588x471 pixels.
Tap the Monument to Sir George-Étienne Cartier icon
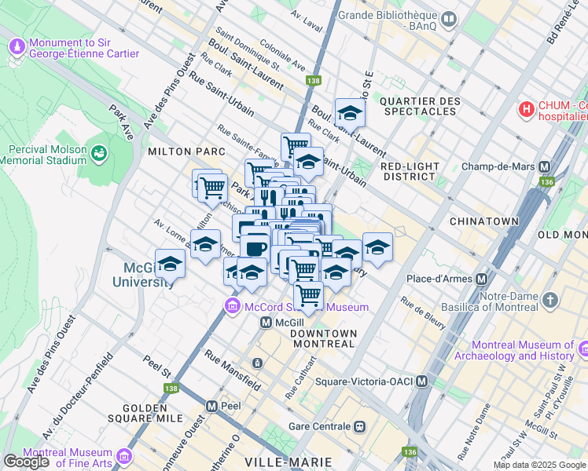[x=17, y=47]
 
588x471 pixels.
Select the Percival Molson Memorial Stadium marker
[x=98, y=155]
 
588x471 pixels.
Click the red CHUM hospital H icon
[x=526, y=109]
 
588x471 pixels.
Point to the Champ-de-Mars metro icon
[x=542, y=167]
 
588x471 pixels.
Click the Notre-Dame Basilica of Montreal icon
[x=549, y=301]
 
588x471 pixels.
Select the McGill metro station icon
[x=266, y=323]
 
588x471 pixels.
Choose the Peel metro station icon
[x=211, y=406]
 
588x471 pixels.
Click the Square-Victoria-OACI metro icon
[x=422, y=382]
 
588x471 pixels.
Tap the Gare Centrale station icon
[x=359, y=426]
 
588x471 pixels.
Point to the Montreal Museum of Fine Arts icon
[x=124, y=456]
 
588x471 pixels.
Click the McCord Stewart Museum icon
[x=233, y=306]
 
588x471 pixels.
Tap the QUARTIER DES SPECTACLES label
[x=419, y=106]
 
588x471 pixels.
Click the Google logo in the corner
[x=27, y=462]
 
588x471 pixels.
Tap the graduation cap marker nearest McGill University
[x=170, y=264]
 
